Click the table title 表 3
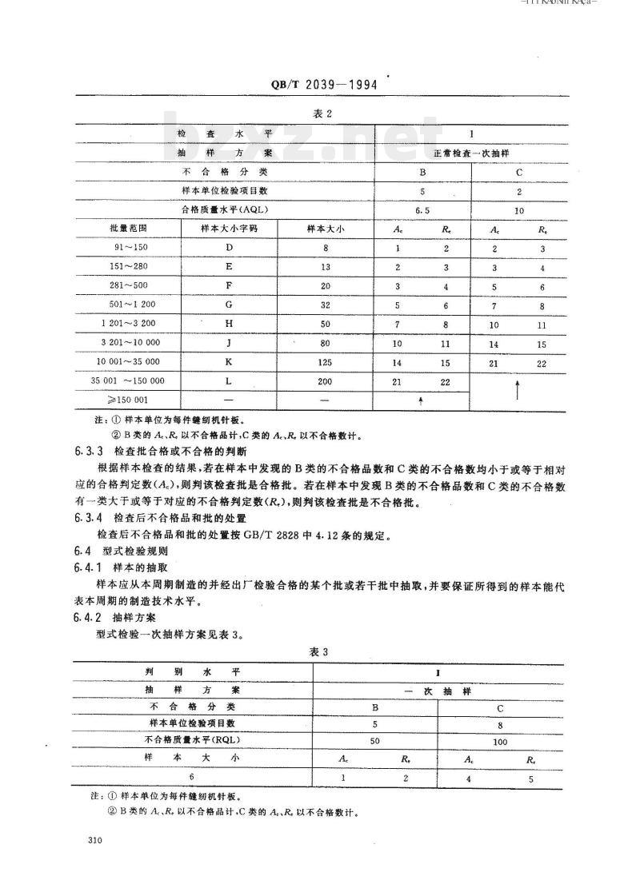coord(319,651)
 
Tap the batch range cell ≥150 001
coord(129,400)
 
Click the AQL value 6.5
coord(422,210)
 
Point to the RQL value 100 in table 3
coord(501,741)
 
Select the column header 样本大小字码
coord(228,229)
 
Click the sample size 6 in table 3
coord(191,776)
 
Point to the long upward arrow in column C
coord(518,391)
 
